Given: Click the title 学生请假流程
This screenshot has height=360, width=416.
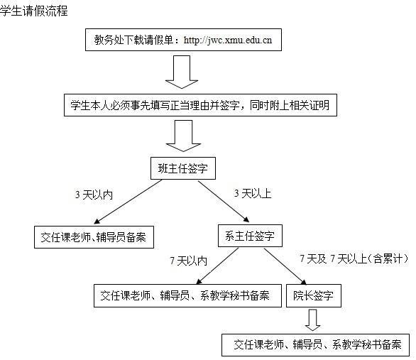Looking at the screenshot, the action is pyautogui.click(x=33, y=11).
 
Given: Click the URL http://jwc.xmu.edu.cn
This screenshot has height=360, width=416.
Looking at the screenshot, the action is pyautogui.click(x=228, y=40).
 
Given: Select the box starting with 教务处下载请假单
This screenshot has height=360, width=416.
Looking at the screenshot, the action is pyautogui.click(x=183, y=40).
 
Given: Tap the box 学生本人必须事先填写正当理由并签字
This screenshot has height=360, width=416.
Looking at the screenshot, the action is pyautogui.click(x=201, y=105).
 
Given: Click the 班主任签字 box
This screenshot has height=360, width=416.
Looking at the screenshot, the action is pyautogui.click(x=183, y=168).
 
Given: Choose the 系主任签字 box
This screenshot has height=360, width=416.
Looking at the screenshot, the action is pyautogui.click(x=250, y=236).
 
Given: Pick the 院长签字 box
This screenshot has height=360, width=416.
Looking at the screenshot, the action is pyautogui.click(x=314, y=296).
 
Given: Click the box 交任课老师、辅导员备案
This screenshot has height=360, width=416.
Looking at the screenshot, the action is pyautogui.click(x=94, y=237).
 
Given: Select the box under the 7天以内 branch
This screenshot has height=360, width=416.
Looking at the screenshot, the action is pyautogui.click(x=187, y=296).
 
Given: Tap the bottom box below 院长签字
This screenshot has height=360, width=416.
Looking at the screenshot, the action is pyautogui.click(x=316, y=345).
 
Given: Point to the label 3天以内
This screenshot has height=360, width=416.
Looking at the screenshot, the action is pyautogui.click(x=94, y=195).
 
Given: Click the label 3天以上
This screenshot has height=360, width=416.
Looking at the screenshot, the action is pyautogui.click(x=253, y=193).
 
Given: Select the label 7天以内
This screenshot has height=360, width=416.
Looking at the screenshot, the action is pyautogui.click(x=188, y=261).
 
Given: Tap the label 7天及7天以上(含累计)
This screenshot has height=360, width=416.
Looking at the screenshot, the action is pyautogui.click(x=354, y=258).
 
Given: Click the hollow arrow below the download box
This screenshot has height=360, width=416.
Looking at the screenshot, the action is pyautogui.click(x=182, y=72).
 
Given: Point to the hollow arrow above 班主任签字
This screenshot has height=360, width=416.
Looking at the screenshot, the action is pyautogui.click(x=183, y=136).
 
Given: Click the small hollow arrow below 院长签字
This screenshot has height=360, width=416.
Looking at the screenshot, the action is pyautogui.click(x=313, y=320).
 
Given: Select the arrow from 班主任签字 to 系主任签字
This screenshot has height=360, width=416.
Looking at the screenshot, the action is pyautogui.click(x=224, y=202).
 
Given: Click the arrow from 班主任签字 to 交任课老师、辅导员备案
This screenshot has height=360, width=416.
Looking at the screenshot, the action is pyautogui.click(x=128, y=202).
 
